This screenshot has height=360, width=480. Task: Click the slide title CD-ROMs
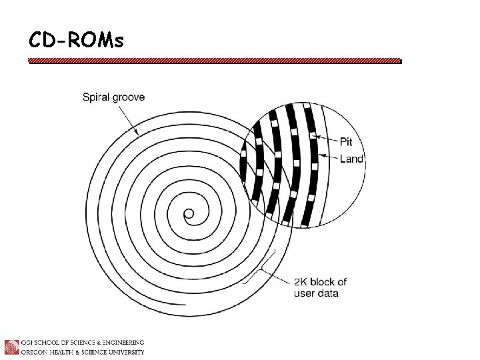coord(76,40)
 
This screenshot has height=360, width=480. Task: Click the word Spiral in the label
coord(96,97)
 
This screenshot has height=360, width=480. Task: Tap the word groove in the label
coord(129,97)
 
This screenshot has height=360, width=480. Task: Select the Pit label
coord(346,142)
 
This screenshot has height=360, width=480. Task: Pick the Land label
coord(351,159)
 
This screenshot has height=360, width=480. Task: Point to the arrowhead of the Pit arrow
coord(316,137)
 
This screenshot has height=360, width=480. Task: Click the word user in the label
coord(303,293)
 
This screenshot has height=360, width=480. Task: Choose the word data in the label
coord(327,293)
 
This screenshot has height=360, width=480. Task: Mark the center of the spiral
coord(189,214)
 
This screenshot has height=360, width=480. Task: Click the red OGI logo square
coord(11,347)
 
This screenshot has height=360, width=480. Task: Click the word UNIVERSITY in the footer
coord(127,352)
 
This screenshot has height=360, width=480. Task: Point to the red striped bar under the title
coord(215,61)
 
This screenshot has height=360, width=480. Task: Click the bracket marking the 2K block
coord(261,267)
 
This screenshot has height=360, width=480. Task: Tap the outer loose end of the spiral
coord(185,305)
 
